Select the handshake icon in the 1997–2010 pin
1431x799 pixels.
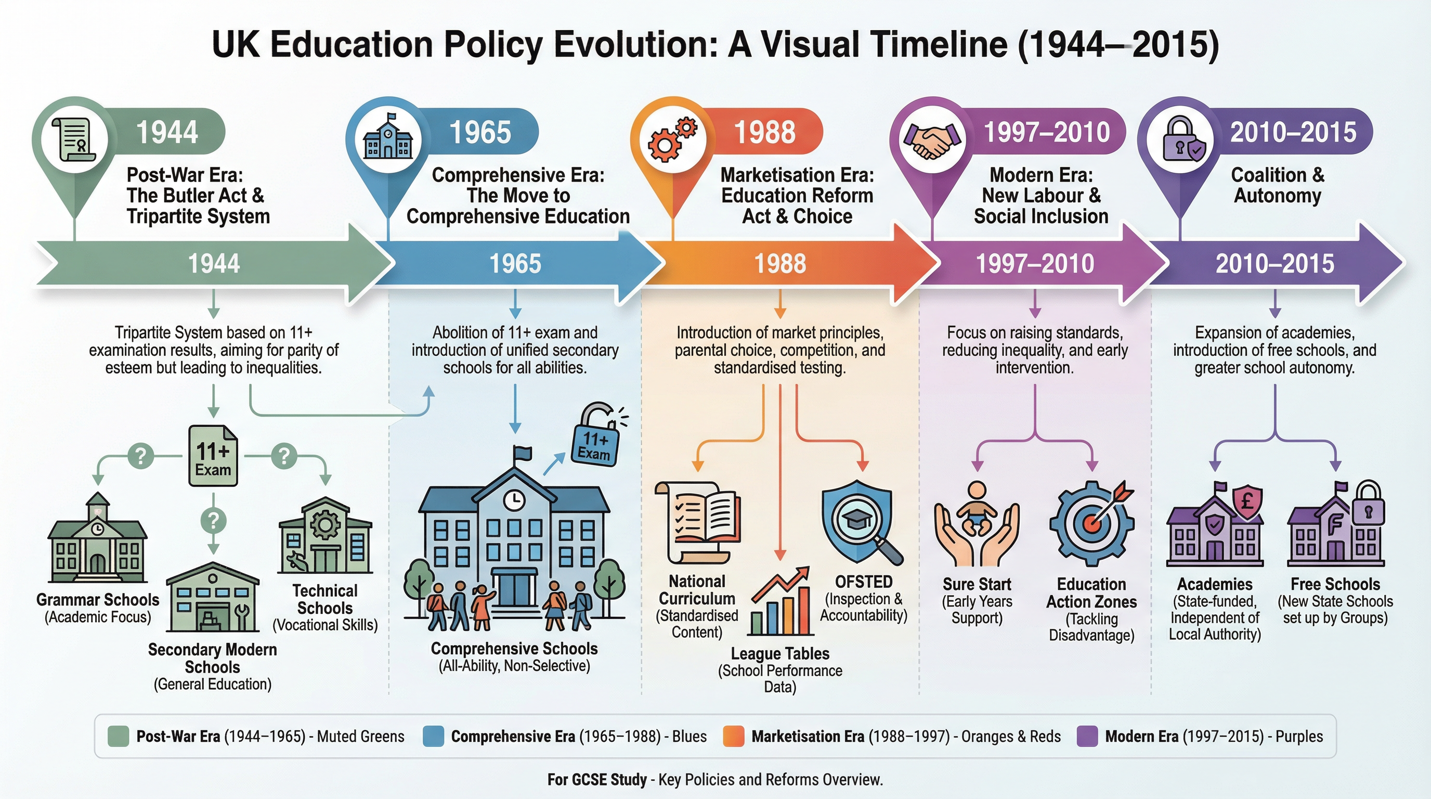[931, 139]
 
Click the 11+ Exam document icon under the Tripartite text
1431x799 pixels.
[213, 456]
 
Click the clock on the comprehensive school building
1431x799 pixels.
[514, 499]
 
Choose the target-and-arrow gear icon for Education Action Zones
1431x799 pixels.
[1091, 522]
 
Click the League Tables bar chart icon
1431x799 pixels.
[780, 603]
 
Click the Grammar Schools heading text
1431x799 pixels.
[98, 600]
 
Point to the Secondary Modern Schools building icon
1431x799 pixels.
[213, 597]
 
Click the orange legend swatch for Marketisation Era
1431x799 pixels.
[733, 736]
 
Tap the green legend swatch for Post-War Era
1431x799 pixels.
[119, 736]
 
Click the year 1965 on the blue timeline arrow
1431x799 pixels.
[515, 263]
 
